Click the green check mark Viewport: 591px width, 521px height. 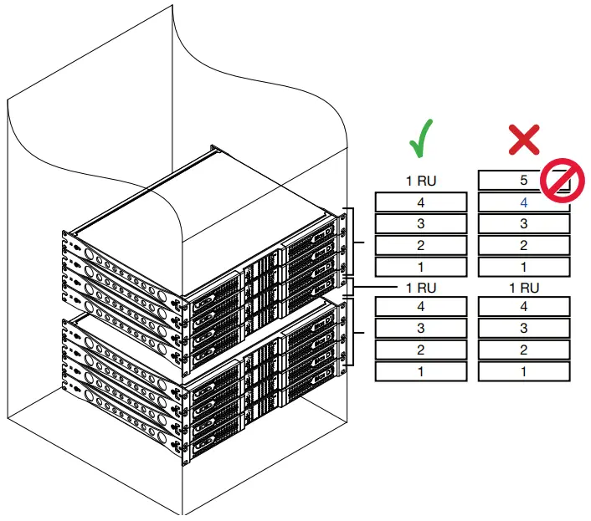(x=420, y=139)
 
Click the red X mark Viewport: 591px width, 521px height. (x=524, y=139)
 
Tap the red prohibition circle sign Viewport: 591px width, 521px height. (x=561, y=181)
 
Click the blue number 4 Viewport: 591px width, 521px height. (x=524, y=202)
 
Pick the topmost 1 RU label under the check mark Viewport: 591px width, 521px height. (x=420, y=180)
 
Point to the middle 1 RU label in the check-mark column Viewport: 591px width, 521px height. (x=420, y=288)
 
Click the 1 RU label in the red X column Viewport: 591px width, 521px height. (x=524, y=288)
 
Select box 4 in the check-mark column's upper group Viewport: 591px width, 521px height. (x=420, y=202)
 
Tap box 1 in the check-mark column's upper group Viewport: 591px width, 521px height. (x=420, y=267)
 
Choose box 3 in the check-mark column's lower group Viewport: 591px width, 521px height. (x=420, y=329)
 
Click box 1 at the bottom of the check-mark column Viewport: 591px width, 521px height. (x=420, y=371)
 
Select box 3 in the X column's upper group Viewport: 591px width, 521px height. (x=524, y=223)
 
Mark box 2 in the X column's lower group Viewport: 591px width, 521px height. (x=524, y=350)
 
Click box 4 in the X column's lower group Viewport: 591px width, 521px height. (x=524, y=307)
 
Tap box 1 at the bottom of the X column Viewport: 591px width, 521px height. (x=524, y=371)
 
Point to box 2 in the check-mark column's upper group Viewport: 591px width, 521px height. (x=420, y=245)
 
